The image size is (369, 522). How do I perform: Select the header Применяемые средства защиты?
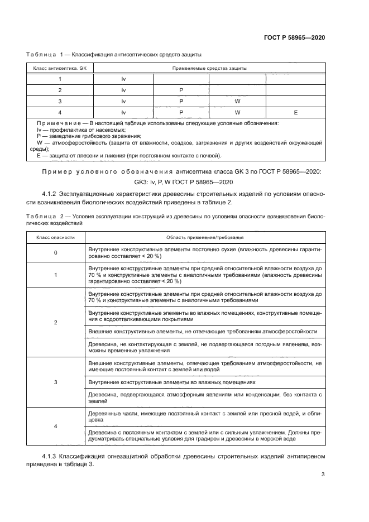pyautogui.click(x=209, y=69)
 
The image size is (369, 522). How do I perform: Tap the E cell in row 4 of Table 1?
pyautogui.click(x=295, y=112)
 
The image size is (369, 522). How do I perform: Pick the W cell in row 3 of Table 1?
pyautogui.click(x=237, y=101)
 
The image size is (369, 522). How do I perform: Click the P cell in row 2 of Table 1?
pyautogui.click(x=181, y=90)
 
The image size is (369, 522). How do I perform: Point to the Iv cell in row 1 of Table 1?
pyautogui.click(x=123, y=79)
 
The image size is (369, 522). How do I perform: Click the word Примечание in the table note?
pyautogui.click(x=56, y=123)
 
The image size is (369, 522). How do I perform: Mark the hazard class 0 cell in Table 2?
pyautogui.click(x=55, y=253)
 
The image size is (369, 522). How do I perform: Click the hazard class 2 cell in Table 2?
pyautogui.click(x=55, y=323)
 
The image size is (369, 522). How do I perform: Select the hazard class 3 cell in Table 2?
pyautogui.click(x=55, y=382)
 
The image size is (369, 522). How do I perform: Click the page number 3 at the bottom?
pyautogui.click(x=323, y=475)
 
